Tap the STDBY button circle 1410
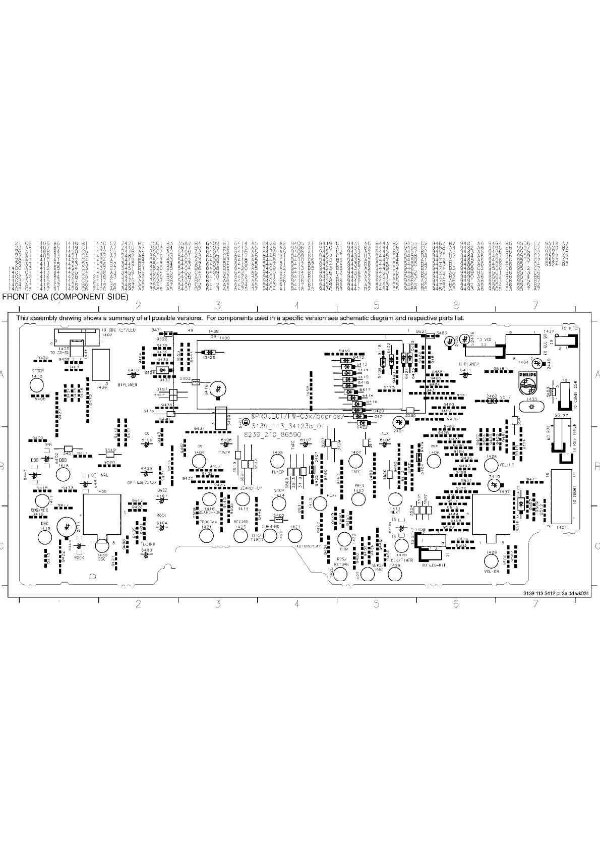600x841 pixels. point(36,385)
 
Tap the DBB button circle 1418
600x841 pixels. point(62,474)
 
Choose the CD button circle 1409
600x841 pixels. point(200,461)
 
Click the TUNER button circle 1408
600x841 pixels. point(277,461)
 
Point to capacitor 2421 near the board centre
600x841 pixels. point(399,422)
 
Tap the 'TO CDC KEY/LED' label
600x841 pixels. point(122,329)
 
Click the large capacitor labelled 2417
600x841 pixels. point(67,527)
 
